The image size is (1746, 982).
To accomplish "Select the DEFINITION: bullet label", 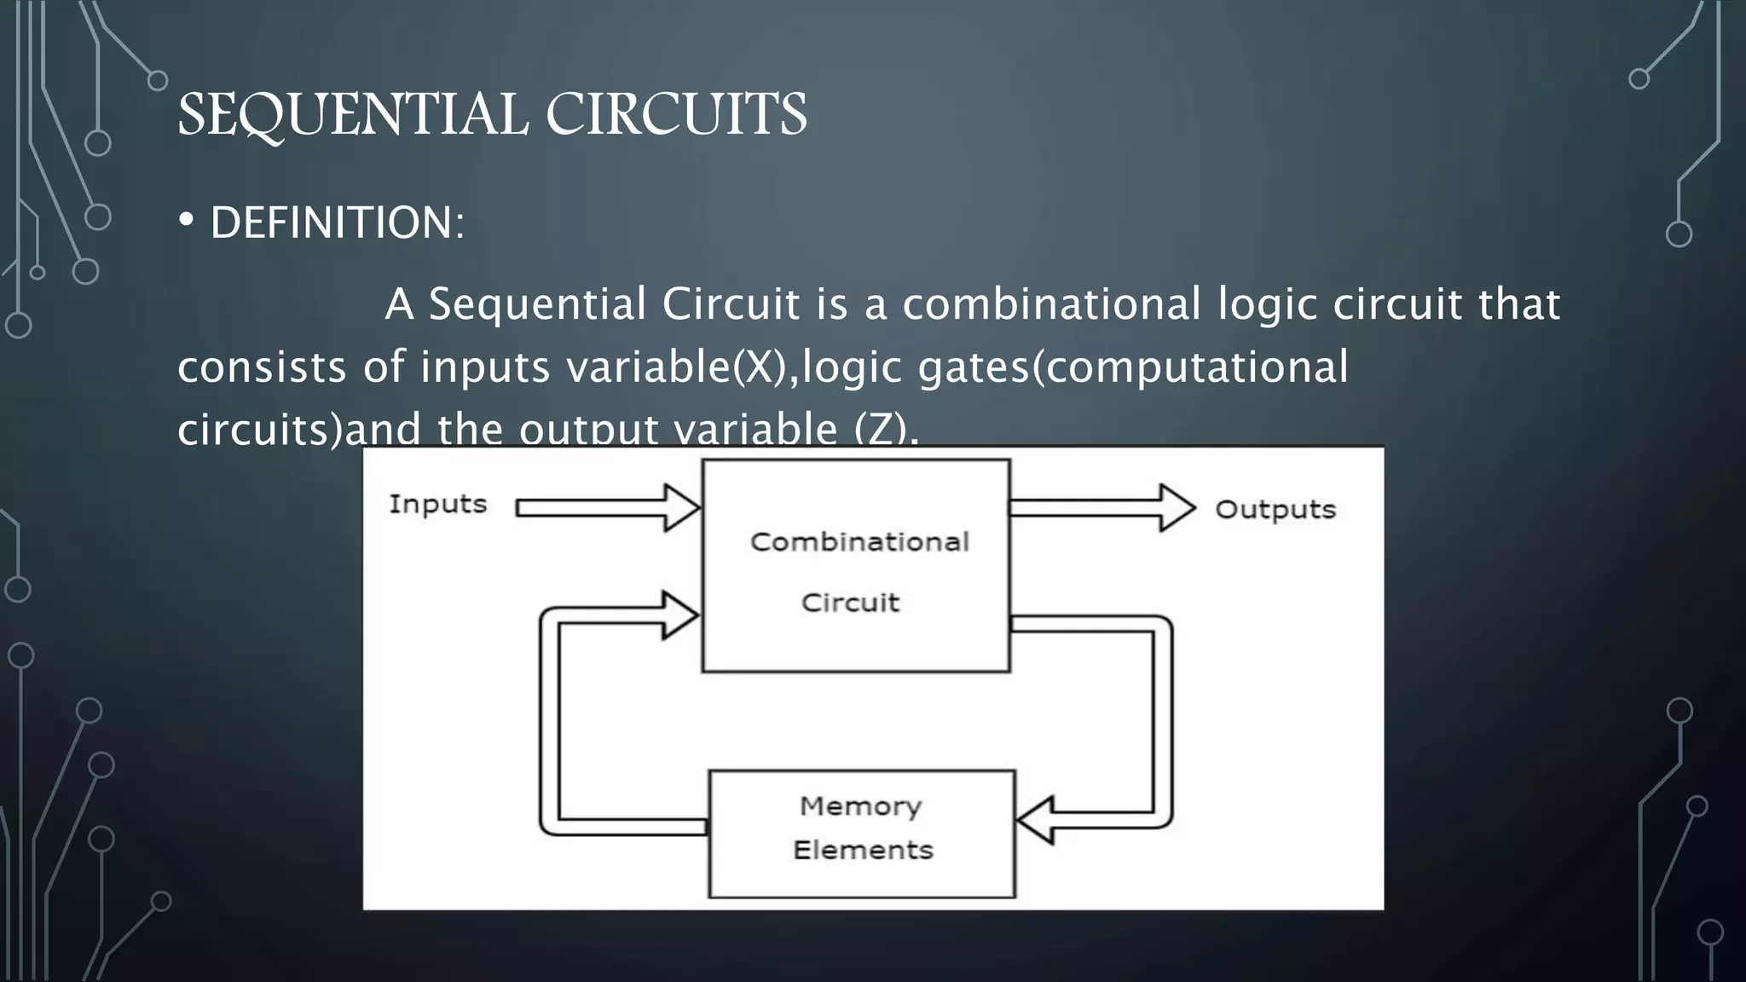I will pyautogui.click(x=338, y=223).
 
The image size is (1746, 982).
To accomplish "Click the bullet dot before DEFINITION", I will pyautogui.click(x=186, y=221).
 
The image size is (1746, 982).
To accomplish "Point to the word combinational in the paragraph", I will pyautogui.click(x=1052, y=304).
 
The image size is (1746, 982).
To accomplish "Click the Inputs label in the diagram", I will pyautogui.click(x=437, y=504).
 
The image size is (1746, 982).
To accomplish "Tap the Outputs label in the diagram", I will pyautogui.click(x=1275, y=510).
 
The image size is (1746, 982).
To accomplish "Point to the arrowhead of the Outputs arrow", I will pyautogui.click(x=1177, y=508).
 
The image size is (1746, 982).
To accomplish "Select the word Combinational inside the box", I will pyautogui.click(x=859, y=542).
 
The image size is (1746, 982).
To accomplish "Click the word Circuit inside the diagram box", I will pyautogui.click(x=850, y=603).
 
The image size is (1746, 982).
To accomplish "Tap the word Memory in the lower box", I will pyautogui.click(x=860, y=806).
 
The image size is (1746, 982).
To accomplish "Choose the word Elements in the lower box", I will pyautogui.click(x=863, y=850).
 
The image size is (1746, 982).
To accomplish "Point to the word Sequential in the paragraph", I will pyautogui.click(x=538, y=304).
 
